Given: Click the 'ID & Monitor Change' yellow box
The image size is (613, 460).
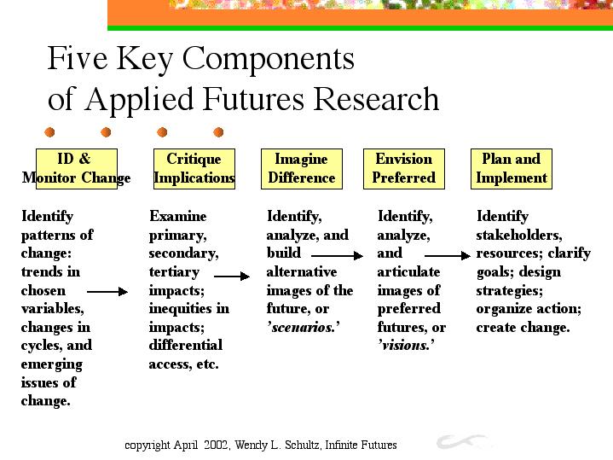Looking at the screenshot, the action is coord(77,169).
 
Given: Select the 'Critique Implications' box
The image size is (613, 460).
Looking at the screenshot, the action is coord(194,169).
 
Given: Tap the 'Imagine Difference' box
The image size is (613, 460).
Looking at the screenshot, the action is coord(302,169).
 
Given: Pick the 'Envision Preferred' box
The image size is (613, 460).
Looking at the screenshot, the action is coord(404,169).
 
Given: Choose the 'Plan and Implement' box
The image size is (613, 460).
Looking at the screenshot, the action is coord(512,169).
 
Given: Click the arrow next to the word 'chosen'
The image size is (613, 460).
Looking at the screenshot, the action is coord(107,291).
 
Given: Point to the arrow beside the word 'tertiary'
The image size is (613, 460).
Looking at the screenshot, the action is coord(232,276).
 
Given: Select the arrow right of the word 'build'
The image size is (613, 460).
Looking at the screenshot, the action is coord(337,256).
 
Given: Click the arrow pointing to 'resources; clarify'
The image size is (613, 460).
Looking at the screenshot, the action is coord(448,256).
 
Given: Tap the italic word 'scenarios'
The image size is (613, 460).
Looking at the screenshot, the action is coord(303,327).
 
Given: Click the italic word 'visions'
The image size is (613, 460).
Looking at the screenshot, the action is coord(406,346).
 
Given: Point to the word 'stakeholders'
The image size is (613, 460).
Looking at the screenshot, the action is coord(518,235).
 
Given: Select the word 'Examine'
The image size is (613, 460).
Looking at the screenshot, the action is coord(178,216).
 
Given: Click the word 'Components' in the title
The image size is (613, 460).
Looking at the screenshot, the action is coord(269,60).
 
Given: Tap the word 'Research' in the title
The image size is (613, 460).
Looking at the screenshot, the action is coord(376,99).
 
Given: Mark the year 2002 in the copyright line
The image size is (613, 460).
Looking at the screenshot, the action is coord(216,445).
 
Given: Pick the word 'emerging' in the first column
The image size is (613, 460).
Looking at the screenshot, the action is coord(52,365).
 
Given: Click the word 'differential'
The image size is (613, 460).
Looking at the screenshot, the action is coord(186,345).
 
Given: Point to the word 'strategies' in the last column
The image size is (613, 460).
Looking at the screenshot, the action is coord(509,291).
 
